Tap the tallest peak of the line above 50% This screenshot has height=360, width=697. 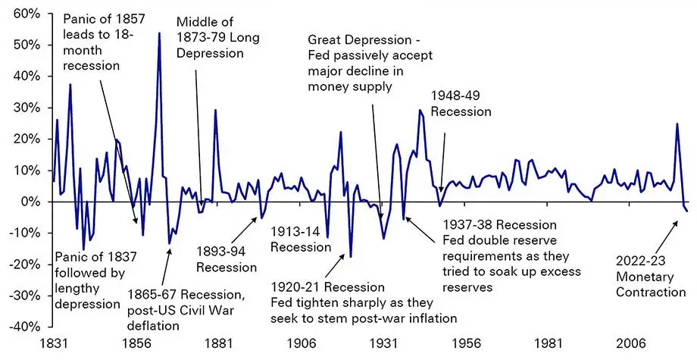(x=159, y=33)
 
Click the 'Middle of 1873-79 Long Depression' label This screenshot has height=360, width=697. (x=210, y=38)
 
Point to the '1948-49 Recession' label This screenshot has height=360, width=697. (x=461, y=103)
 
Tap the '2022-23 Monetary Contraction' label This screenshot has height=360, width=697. (x=649, y=277)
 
